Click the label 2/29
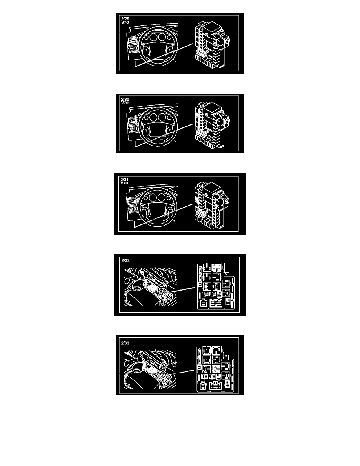coord(125,19)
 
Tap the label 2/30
coord(125,100)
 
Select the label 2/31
coord(124,180)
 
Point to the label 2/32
coord(125,260)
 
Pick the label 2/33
coord(125,343)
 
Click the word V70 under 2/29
coord(125,22)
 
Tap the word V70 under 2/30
coord(125,103)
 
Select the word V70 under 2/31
coord(124,183)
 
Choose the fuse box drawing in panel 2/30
coord(212,126)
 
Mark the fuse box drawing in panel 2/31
coord(212,206)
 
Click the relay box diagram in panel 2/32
coord(216,286)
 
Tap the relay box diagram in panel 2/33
coord(215,369)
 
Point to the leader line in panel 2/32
coord(183,289)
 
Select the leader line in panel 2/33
coord(183,372)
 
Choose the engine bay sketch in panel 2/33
coord(150,370)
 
